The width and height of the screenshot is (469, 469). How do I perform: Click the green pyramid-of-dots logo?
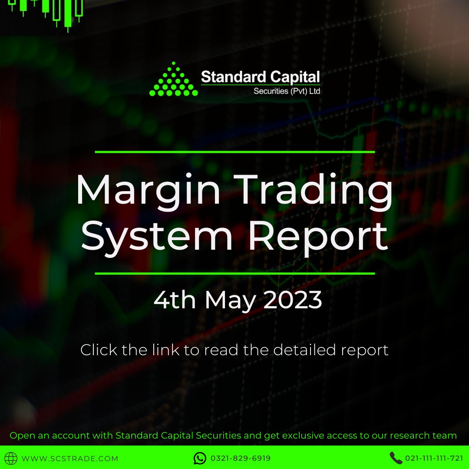pyautogui.click(x=174, y=81)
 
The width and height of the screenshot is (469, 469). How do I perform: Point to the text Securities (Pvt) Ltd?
pyautogui.click(x=287, y=91)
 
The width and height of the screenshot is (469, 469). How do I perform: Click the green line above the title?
pyautogui.click(x=234, y=152)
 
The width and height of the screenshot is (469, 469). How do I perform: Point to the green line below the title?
pyautogui.click(x=234, y=274)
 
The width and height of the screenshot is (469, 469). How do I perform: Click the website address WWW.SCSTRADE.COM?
pyautogui.click(x=70, y=459)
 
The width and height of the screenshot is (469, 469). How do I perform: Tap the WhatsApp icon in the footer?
pyautogui.click(x=200, y=458)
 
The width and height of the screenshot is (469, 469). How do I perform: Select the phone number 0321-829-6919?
pyautogui.click(x=240, y=459)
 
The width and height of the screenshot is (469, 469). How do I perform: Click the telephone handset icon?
pyautogui.click(x=396, y=458)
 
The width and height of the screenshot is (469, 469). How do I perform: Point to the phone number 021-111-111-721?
pyautogui.click(x=434, y=459)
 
